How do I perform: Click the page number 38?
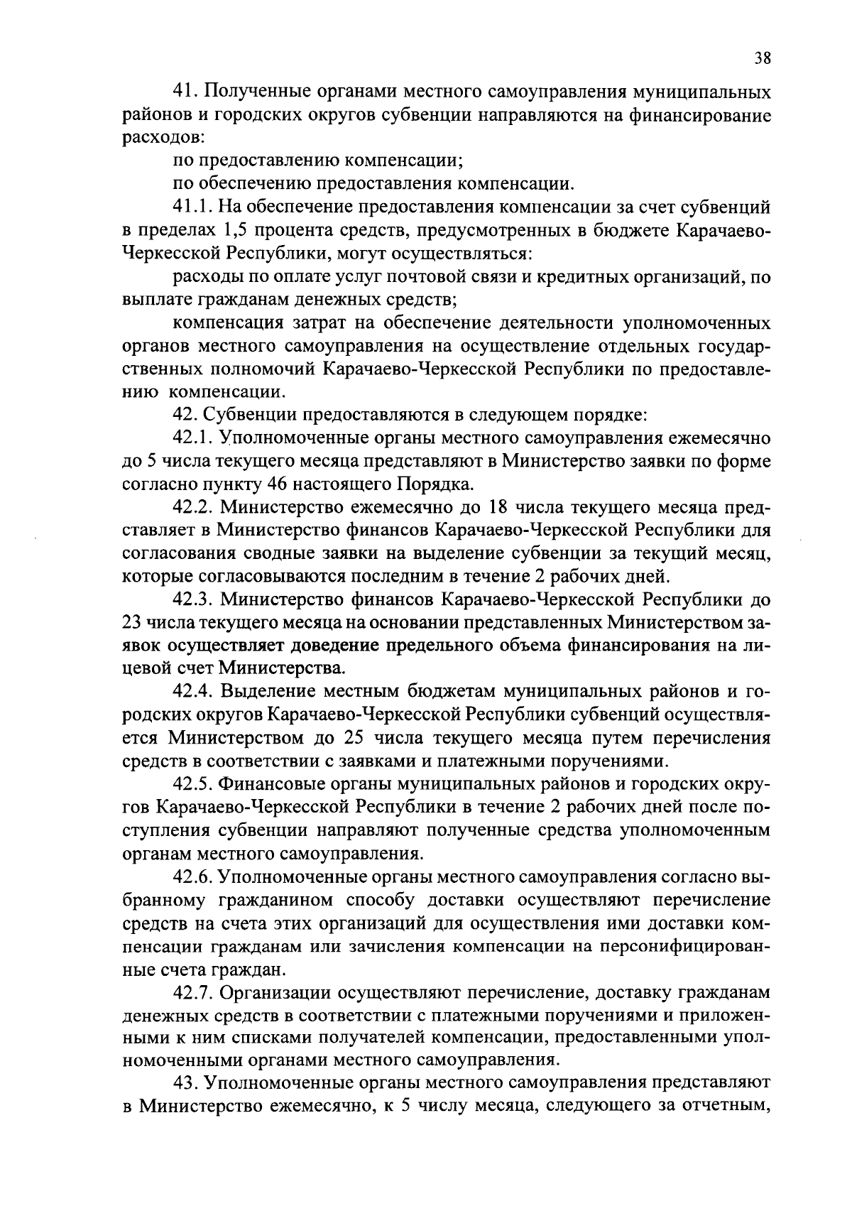pyautogui.click(x=762, y=59)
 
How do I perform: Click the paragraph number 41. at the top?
pyautogui.click(x=187, y=94)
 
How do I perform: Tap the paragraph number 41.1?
pyautogui.click(x=192, y=209)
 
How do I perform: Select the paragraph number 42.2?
pyautogui.click(x=193, y=508)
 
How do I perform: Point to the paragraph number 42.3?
pyautogui.click(x=193, y=600)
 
